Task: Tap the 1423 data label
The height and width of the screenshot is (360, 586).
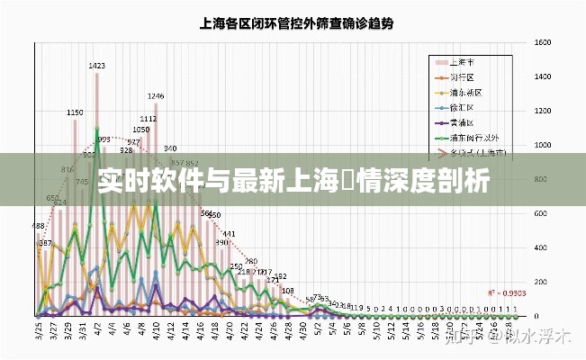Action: pyautogui.click(x=96, y=65)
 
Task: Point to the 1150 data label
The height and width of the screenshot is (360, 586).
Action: pyautogui.click(x=76, y=112)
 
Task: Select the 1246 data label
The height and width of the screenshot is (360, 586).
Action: pyautogui.click(x=156, y=95)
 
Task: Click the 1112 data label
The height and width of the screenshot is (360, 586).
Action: pyautogui.click(x=149, y=119)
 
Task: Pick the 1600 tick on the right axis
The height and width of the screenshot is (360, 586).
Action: pyautogui.click(x=542, y=42)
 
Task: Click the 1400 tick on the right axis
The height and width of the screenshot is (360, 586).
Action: pyautogui.click(x=542, y=76)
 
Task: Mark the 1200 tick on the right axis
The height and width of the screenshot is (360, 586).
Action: pyautogui.click(x=542, y=111)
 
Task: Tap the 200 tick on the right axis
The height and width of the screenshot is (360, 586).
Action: pyautogui.click(x=540, y=283)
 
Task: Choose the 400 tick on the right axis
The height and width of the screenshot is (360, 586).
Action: pyautogui.click(x=540, y=248)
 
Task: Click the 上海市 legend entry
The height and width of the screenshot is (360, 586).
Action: pyautogui.click(x=468, y=62)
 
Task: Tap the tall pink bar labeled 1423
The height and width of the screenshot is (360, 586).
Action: pyautogui.click(x=96, y=180)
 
